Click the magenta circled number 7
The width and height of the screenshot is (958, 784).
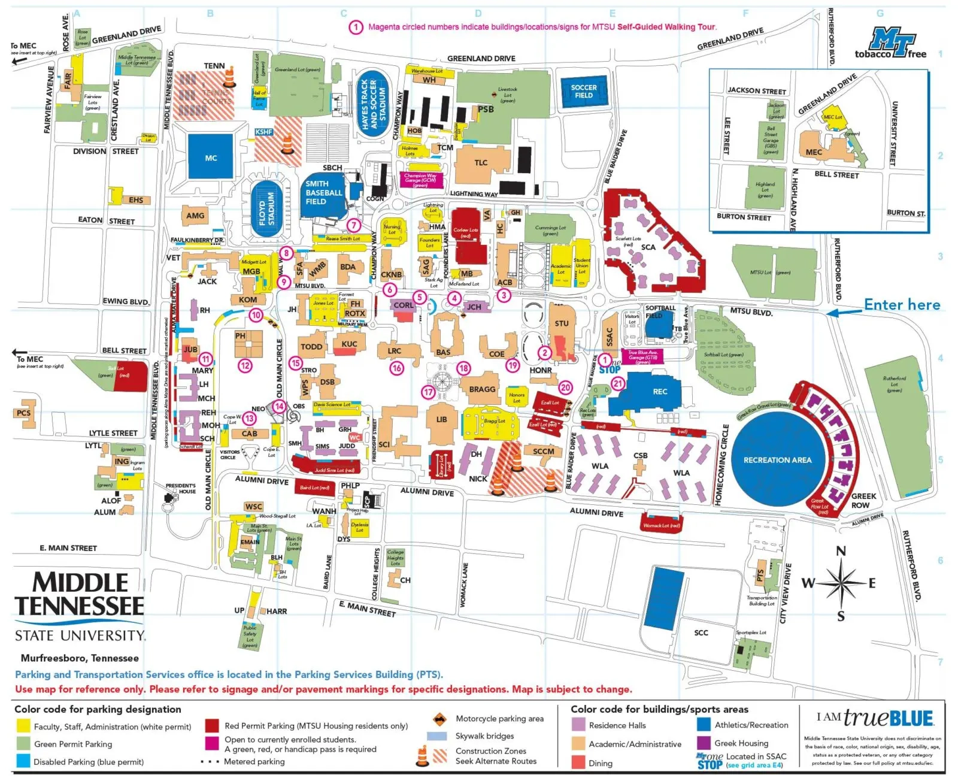pyautogui.click(x=354, y=225)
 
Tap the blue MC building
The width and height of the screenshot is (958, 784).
pyautogui.click(x=210, y=157)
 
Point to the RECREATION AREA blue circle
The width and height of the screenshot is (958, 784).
pyautogui.click(x=777, y=460)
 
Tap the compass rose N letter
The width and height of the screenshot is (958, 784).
pyautogui.click(x=841, y=551)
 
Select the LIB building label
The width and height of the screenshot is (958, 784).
pyautogui.click(x=441, y=419)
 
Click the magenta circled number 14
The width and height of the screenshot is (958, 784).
pyautogui.click(x=280, y=406)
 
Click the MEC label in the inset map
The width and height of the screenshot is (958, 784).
pyautogui.click(x=814, y=152)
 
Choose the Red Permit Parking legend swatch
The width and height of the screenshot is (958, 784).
pyautogui.click(x=212, y=726)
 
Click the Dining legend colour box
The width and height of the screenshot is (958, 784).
pyautogui.click(x=578, y=762)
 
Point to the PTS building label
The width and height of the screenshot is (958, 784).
pyautogui.click(x=760, y=575)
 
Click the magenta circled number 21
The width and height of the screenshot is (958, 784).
pyautogui.click(x=618, y=383)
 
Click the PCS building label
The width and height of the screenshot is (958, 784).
pyautogui.click(x=23, y=413)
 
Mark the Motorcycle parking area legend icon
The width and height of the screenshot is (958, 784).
pyautogui.click(x=440, y=719)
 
